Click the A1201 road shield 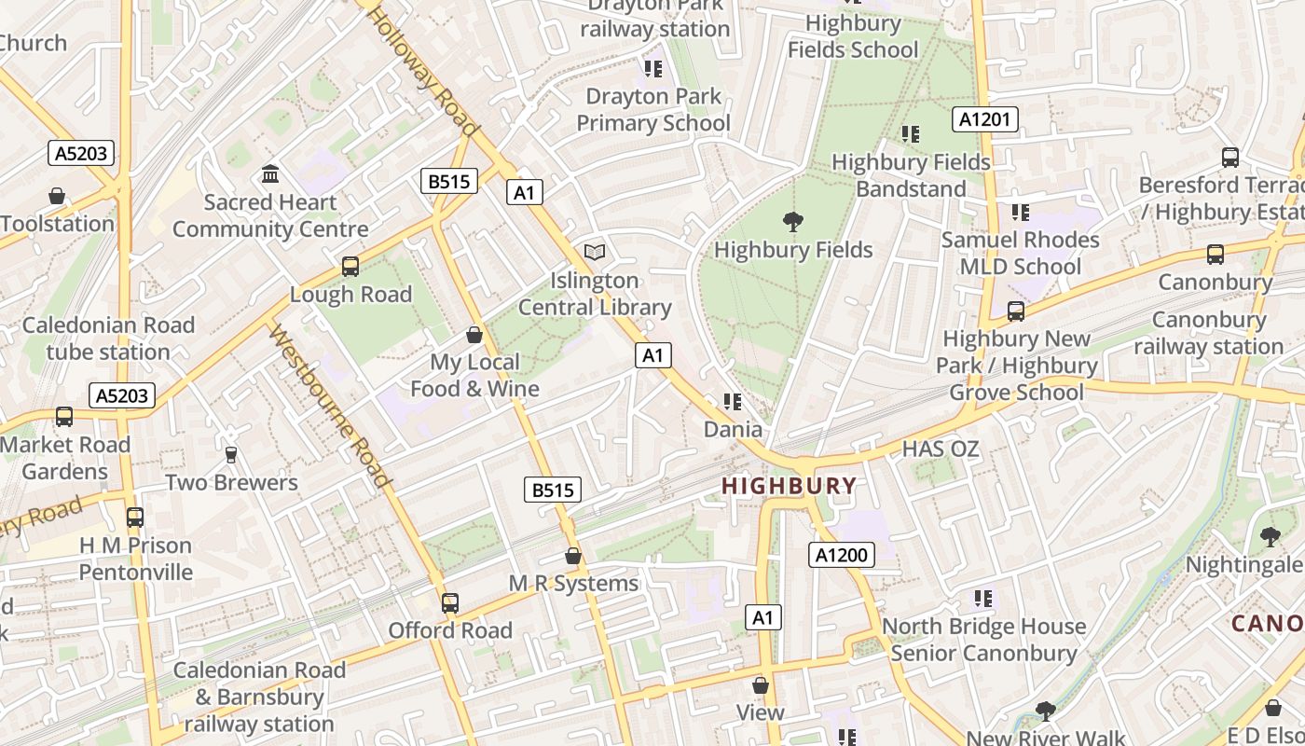coord(984,119)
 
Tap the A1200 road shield coord(841,556)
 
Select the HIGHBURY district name coord(789,486)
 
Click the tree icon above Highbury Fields coord(793,222)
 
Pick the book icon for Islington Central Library coord(595,252)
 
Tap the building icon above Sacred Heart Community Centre coord(270,174)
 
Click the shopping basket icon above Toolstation coord(57,196)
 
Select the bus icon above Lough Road coord(350,267)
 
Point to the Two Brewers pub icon coord(231,455)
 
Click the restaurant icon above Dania coord(733,402)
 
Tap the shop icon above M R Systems coord(573,557)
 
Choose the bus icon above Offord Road coord(450,603)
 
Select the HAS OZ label coord(941,449)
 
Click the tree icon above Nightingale coord(1270,537)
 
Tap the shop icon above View coord(761,685)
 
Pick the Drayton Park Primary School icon coord(652,69)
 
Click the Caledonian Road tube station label coord(108,338)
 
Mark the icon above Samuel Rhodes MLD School coord(1021,213)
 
